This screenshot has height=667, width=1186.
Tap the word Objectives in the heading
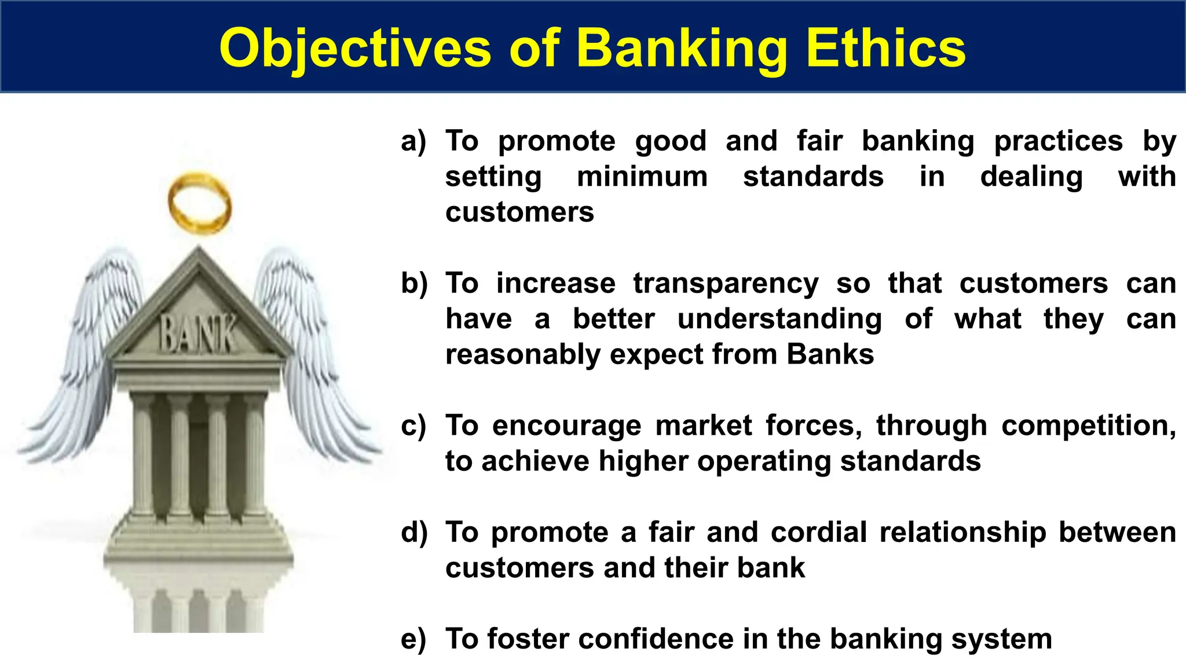pos(355,49)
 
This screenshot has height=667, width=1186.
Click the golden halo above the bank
pos(200,204)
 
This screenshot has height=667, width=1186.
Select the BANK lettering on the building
pos(198,334)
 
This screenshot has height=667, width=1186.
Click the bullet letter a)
pos(413,141)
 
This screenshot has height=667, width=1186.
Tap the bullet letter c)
pos(413,426)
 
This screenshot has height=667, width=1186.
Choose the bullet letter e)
pos(413,639)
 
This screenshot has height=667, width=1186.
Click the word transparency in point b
pos(726,284)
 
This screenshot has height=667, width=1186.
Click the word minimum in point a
pos(642,177)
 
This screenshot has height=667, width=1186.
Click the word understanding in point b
pos(779,319)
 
